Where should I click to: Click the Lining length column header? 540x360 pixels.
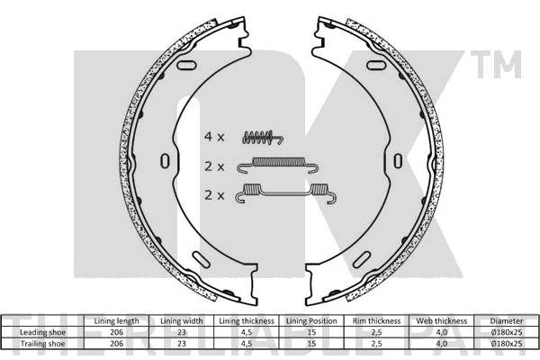pyautogui.click(x=116, y=321)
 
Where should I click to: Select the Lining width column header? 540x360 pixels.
pyautogui.click(x=182, y=321)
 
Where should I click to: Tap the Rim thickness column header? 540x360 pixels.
pyautogui.click(x=376, y=321)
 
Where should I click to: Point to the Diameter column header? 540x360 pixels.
pyautogui.click(x=506, y=321)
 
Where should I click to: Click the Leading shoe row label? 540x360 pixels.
pyautogui.click(x=42, y=332)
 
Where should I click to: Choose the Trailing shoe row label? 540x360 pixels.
pyautogui.click(x=42, y=344)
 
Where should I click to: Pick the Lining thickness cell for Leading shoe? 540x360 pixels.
pyautogui.click(x=247, y=332)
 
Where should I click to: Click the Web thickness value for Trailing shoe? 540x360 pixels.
pyautogui.click(x=442, y=344)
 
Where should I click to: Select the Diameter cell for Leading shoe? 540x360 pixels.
pyautogui.click(x=506, y=332)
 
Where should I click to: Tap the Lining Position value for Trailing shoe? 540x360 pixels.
pyautogui.click(x=311, y=344)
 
